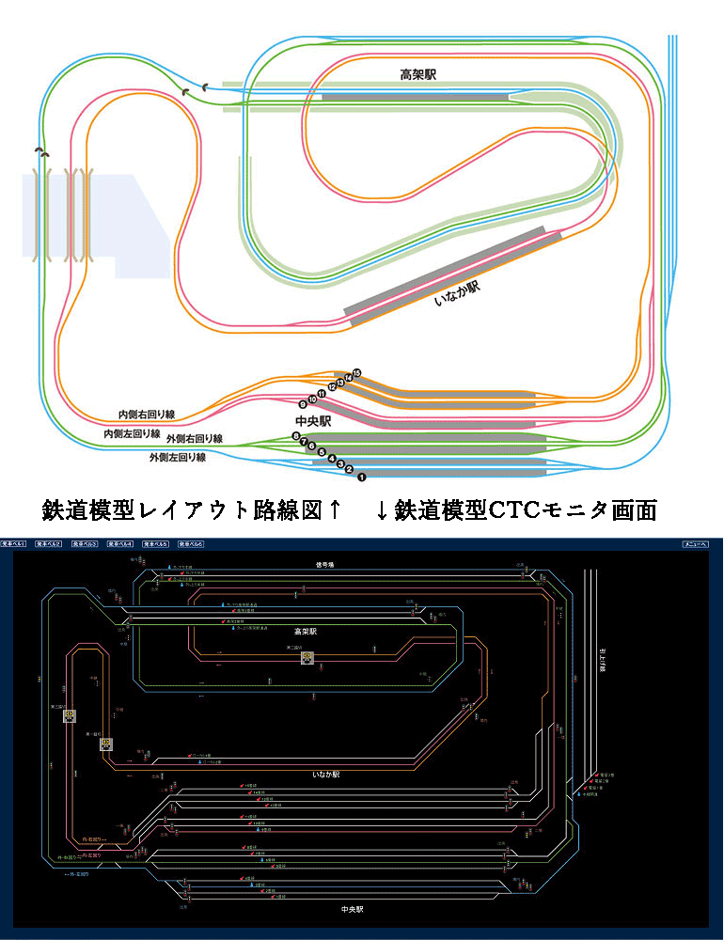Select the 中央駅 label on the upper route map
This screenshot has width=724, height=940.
[313, 422]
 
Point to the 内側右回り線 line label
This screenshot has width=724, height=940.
[147, 415]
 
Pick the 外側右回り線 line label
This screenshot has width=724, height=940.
[194, 439]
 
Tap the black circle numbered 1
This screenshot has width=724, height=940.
[359, 478]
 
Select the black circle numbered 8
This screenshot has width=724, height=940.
[296, 437]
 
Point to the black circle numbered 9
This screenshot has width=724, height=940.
[303, 404]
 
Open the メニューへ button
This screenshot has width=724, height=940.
[695, 544]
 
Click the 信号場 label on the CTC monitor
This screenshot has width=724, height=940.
[325, 565]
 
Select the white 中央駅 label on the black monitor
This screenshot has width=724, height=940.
[353, 910]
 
